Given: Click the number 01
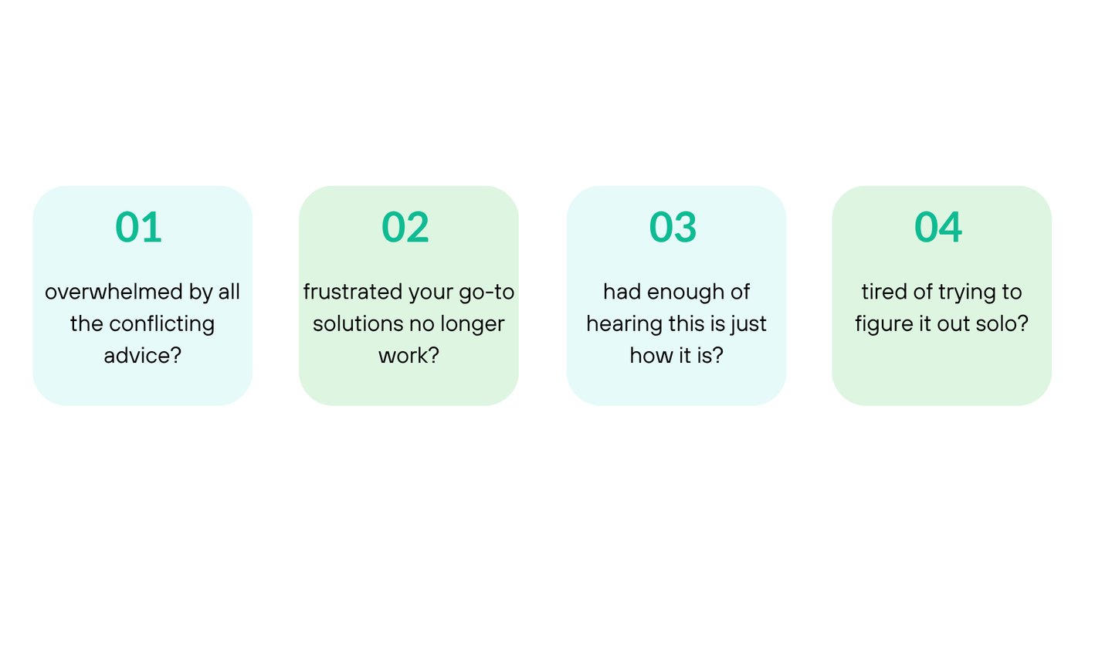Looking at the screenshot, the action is [138, 227].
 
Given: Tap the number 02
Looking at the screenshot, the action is [405, 227].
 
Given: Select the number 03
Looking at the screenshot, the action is [673, 227].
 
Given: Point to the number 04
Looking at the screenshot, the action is [938, 227].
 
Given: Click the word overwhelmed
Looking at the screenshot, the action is [114, 292].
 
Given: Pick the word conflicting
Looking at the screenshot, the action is [162, 324].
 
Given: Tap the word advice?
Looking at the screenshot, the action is [142, 356].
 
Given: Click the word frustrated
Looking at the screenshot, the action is [352, 292].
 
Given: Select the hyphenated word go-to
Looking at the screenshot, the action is [486, 293].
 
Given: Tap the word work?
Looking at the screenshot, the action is [409, 356].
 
